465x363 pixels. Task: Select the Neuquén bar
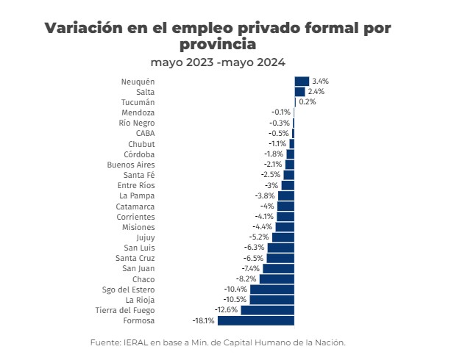click(x=302, y=81)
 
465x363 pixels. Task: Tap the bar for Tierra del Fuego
click(x=267, y=310)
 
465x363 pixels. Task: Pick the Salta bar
click(x=299, y=91)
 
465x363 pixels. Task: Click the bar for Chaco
click(x=277, y=279)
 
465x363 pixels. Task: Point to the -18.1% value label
click(x=203, y=320)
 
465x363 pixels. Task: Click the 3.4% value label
click(x=319, y=81)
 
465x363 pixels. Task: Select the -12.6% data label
click(x=227, y=310)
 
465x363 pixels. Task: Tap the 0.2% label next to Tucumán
click(x=308, y=101)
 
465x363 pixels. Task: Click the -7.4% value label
click(x=250, y=269)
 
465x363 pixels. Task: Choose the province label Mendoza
click(x=138, y=112)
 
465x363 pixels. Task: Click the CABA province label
click(x=145, y=133)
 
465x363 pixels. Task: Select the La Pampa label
click(x=137, y=195)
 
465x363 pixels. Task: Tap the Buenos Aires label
click(x=131, y=165)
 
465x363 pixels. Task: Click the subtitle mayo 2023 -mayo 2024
click(x=218, y=62)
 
